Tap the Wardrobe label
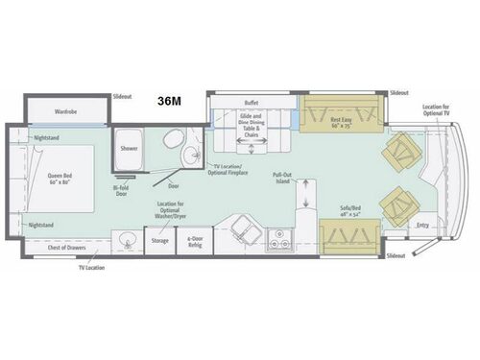(66, 110)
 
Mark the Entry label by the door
(423, 225)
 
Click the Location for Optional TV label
(436, 111)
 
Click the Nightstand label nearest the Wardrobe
(46, 136)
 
